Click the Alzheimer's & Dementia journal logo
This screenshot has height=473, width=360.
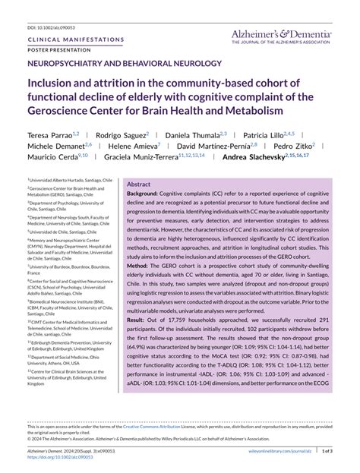point(283,36)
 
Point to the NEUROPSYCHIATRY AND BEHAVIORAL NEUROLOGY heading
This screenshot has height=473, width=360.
point(125,64)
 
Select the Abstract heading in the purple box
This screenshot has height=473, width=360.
point(138,184)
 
